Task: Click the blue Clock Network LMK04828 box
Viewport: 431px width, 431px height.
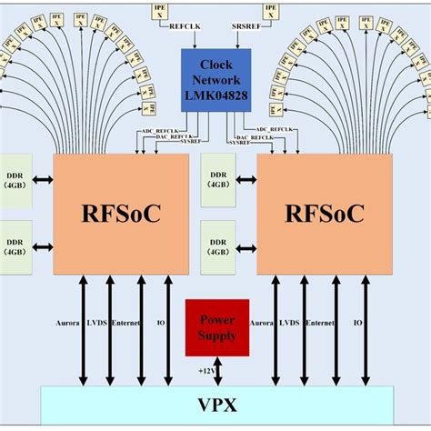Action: click(215, 79)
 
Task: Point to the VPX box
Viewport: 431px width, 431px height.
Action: click(217, 404)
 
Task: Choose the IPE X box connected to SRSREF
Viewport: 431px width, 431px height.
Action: click(270, 11)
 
